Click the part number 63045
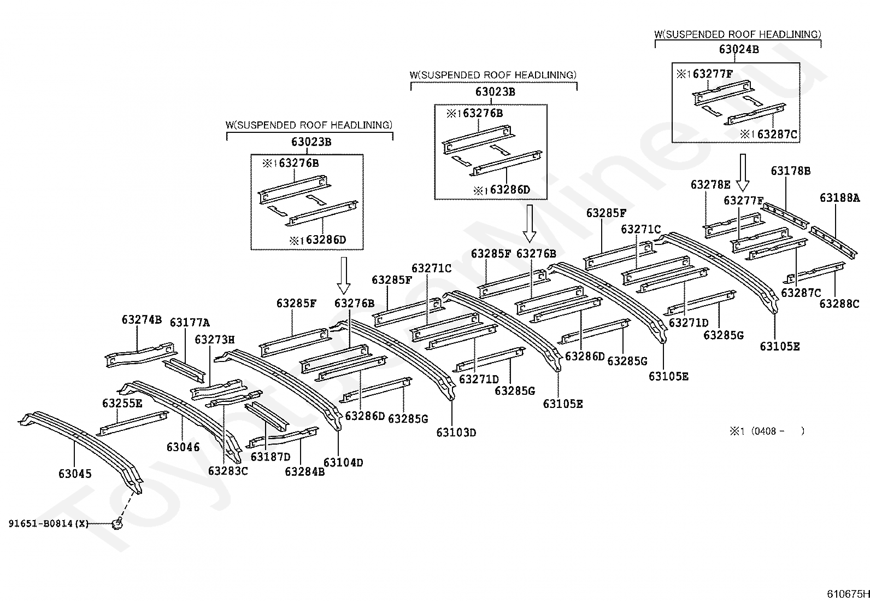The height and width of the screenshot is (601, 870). coord(75,474)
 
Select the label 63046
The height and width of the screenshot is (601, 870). coord(183,447)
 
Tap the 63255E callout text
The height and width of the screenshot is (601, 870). coord(122,404)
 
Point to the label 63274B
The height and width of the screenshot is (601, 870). coord(142,319)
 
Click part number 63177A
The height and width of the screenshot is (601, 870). coord(190,323)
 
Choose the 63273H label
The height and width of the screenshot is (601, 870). coord(214,340)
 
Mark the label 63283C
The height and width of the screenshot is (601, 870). coord(228,470)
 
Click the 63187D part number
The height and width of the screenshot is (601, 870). coord(271,457)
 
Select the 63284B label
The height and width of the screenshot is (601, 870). coord(304,471)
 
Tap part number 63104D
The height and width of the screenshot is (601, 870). coord(343,463)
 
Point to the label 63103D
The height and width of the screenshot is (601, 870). coord(456,433)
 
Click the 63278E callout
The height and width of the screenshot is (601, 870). coord(710,184)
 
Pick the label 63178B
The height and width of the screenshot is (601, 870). coord(791,171)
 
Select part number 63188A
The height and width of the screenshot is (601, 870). coord(839,197)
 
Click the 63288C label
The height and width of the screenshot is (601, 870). coord(839,304)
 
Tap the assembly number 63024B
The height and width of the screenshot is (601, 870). coord(739,49)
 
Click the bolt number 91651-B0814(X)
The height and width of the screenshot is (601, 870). coord(48,523)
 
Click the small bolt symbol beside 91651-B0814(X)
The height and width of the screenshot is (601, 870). coord(117,524)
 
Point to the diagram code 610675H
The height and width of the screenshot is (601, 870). coord(847,593)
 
